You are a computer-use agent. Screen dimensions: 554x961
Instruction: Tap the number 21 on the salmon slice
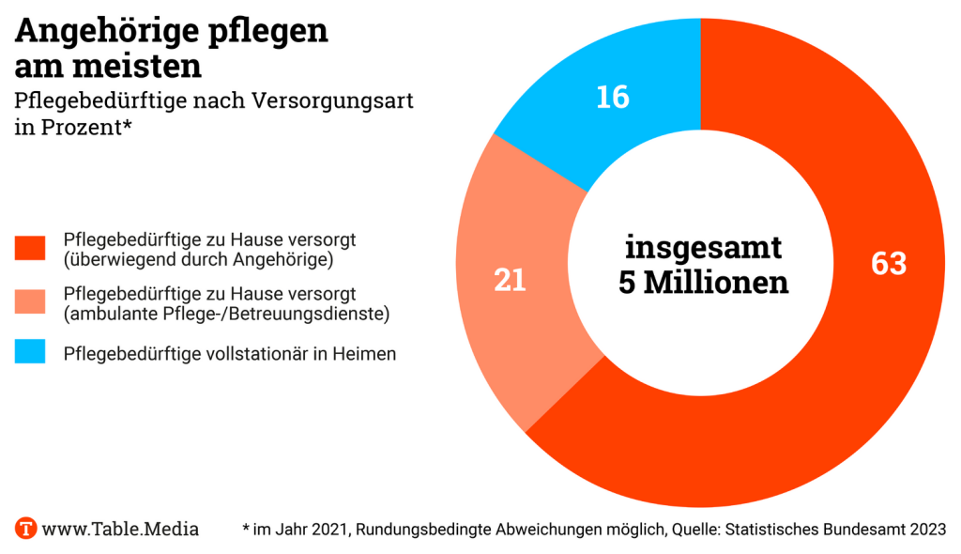click(510, 281)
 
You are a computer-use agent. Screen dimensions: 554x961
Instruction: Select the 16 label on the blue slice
click(613, 98)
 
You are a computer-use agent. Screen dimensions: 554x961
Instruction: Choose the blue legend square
click(30, 353)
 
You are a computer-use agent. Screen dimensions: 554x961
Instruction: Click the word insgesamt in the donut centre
click(703, 248)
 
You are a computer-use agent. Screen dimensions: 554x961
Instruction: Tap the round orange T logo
click(25, 528)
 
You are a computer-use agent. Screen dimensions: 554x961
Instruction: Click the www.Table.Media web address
click(120, 529)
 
